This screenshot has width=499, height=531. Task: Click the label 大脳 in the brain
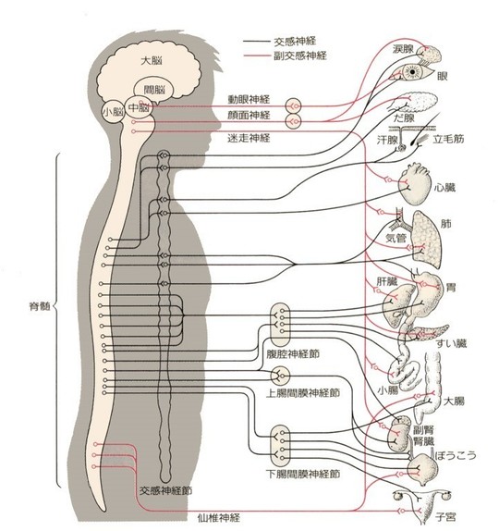[152, 61]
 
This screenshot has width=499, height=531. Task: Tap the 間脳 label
[154, 90]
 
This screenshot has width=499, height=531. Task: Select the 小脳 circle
[114, 111]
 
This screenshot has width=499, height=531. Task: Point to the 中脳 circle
[139, 107]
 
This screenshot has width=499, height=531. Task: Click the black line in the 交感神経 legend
[256, 42]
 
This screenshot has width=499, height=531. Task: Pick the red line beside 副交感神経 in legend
[256, 56]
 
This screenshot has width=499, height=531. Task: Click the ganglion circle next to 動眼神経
[293, 106]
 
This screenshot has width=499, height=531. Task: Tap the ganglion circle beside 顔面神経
[293, 121]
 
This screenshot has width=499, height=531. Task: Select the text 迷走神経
[249, 138]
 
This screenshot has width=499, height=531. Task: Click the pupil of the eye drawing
[412, 72]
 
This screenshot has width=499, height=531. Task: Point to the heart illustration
[414, 185]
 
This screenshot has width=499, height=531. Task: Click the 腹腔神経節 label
[293, 354]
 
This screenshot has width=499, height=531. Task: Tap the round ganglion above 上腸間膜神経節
[280, 376]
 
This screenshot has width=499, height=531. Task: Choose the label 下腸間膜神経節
[302, 474]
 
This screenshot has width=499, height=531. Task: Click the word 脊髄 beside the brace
[40, 306]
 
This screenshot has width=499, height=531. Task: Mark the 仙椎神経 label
[219, 517]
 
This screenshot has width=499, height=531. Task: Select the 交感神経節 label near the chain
[165, 490]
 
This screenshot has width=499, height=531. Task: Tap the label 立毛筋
[448, 139]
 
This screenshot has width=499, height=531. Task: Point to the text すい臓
[451, 343]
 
